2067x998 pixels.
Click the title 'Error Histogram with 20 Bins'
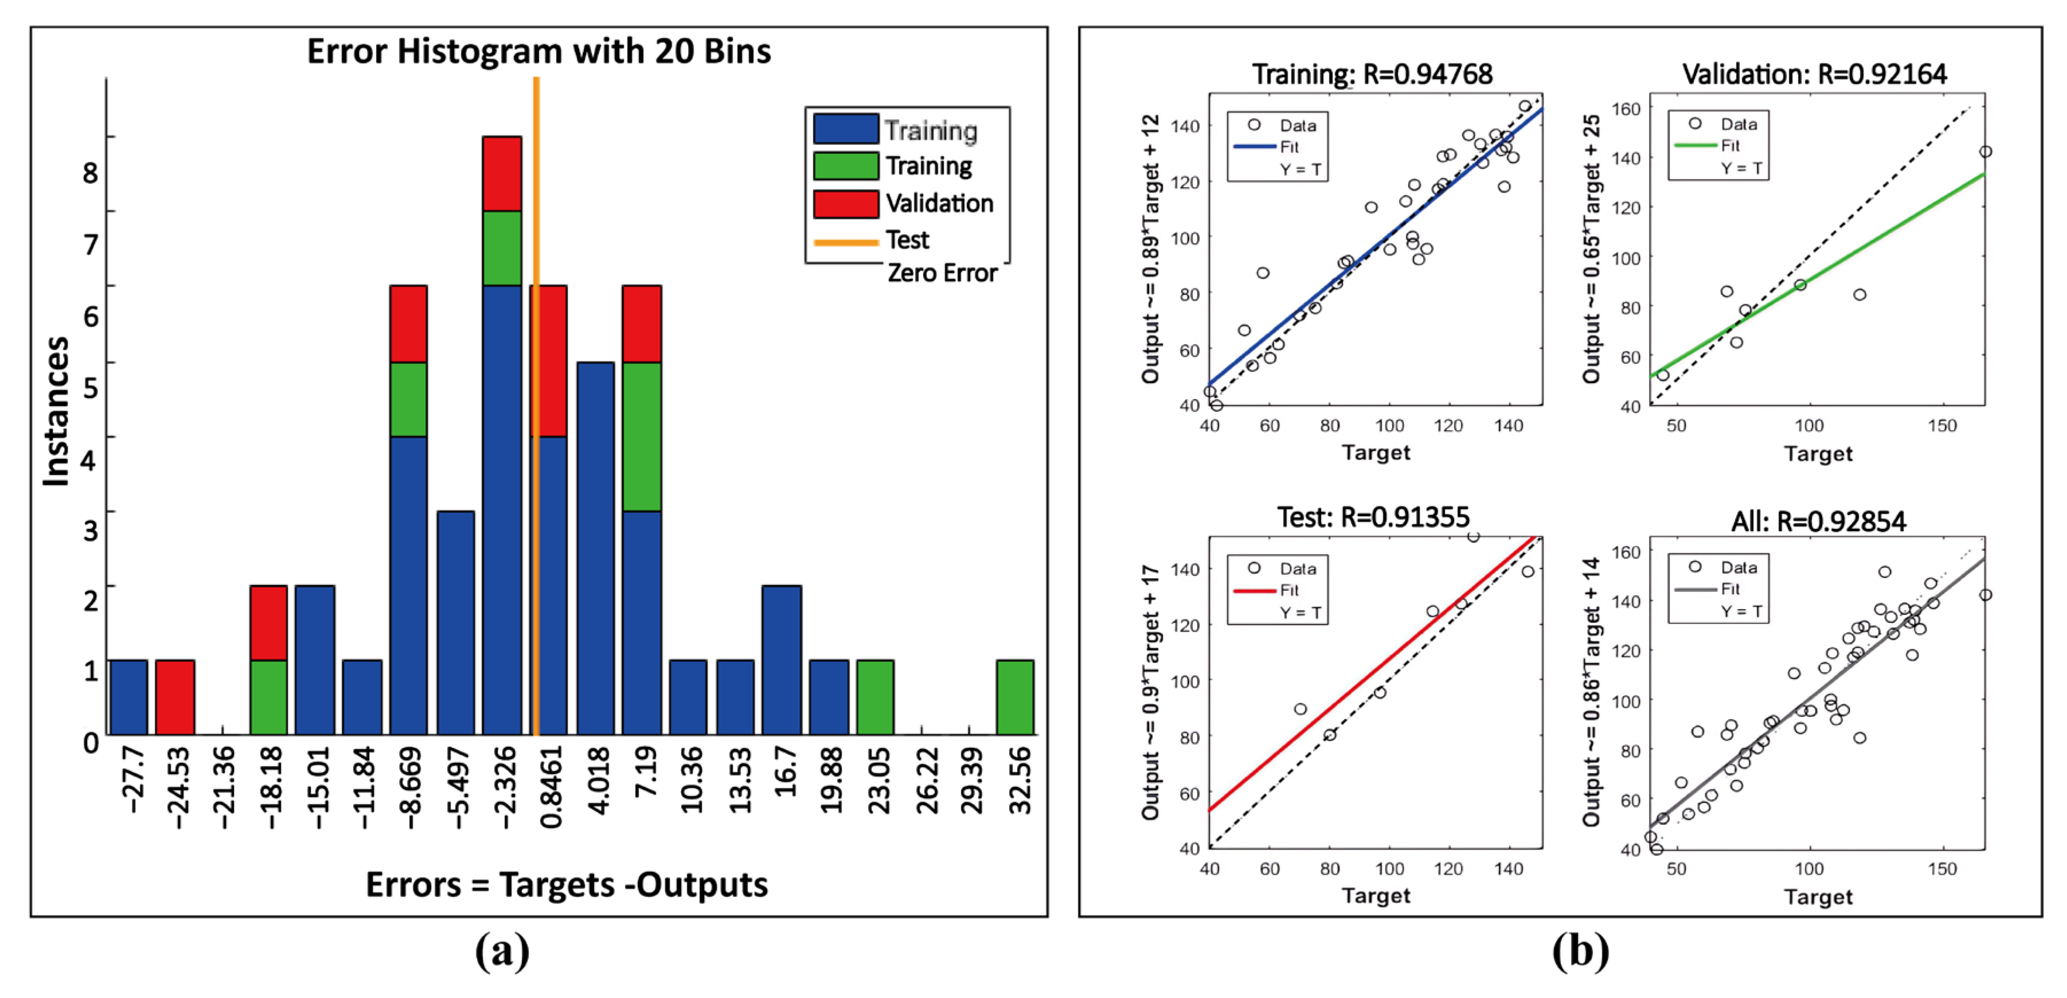click(538, 52)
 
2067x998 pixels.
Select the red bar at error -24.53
click(175, 697)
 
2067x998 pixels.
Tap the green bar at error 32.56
click(1015, 697)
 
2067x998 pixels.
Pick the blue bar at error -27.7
click(128, 697)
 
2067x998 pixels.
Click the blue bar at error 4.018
click(595, 548)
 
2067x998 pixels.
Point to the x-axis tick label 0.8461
click(551, 787)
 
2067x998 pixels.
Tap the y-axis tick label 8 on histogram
click(91, 173)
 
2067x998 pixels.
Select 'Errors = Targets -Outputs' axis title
click(566, 885)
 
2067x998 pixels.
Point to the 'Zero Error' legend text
click(942, 273)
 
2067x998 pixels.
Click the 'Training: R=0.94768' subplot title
click(1372, 75)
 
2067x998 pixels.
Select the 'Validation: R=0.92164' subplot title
click(1814, 75)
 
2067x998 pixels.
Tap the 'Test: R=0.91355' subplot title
click(1373, 517)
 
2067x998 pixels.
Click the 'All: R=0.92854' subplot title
click(1818, 522)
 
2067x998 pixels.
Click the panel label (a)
click(502, 952)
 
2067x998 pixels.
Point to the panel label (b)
click(1580, 952)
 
